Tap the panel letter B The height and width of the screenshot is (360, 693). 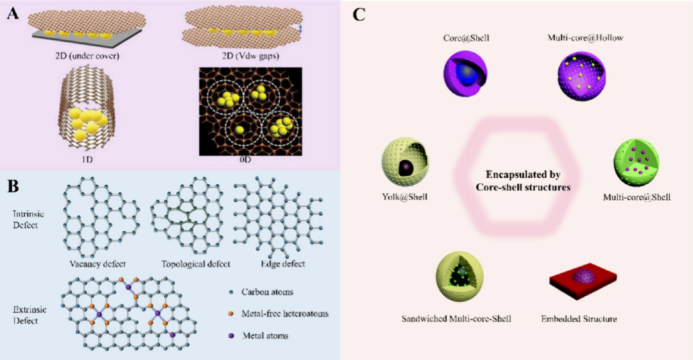click(x=12, y=187)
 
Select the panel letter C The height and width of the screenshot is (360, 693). click(x=359, y=14)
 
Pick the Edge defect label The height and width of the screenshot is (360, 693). click(x=278, y=264)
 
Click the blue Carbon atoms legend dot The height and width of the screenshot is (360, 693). click(x=230, y=292)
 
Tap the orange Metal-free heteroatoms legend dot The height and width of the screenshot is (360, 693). click(x=230, y=314)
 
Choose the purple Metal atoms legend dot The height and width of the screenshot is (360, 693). click(x=230, y=335)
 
